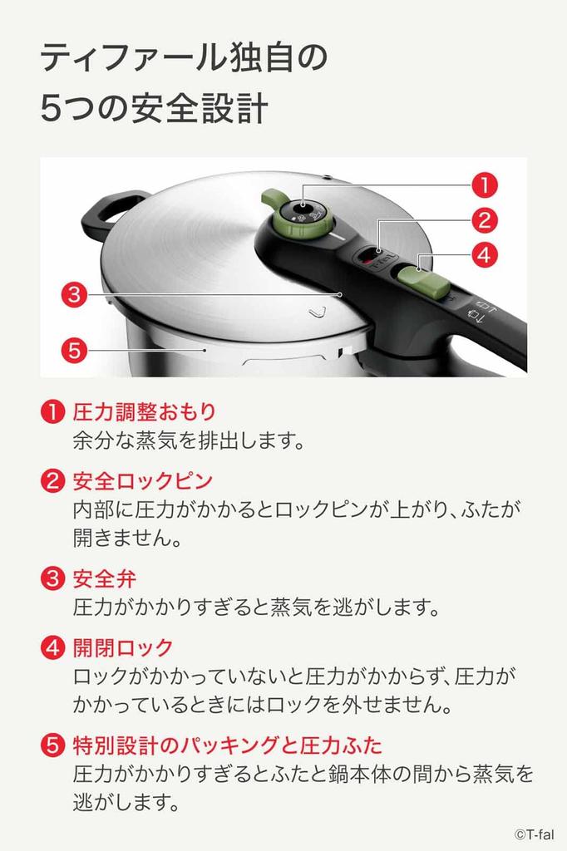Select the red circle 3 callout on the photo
point(74,293)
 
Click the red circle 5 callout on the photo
point(74,350)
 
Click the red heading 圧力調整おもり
point(144,411)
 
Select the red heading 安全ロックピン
point(142,480)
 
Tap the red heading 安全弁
point(104,578)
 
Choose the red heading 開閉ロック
point(123,647)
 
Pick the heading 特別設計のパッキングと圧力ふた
point(227,744)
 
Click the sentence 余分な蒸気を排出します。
point(188,440)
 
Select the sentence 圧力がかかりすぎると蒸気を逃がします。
point(256,607)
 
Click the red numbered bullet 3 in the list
point(52,578)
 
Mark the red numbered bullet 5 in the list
point(52,745)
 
